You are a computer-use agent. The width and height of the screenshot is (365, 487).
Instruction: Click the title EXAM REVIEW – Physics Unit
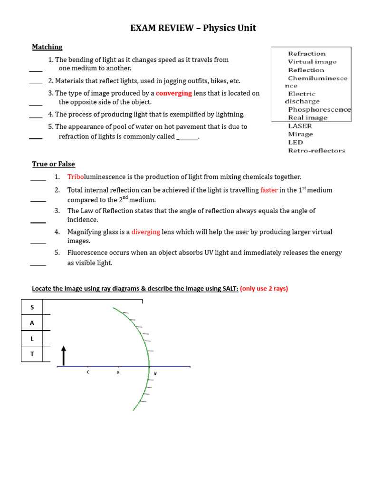(x=193, y=28)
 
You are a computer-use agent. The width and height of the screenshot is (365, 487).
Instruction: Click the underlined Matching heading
(x=47, y=47)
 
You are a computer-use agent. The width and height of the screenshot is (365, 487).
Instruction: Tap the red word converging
(x=174, y=93)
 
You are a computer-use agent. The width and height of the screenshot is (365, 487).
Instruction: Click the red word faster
(x=269, y=190)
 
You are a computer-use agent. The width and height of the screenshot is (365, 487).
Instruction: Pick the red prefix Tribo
(x=75, y=177)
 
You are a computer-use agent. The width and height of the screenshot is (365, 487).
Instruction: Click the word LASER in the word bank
(x=300, y=126)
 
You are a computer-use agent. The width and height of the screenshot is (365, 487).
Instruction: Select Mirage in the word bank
(x=300, y=134)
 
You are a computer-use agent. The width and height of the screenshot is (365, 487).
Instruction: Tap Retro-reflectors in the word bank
(x=317, y=150)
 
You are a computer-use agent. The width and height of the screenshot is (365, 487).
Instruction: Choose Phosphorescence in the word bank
(x=319, y=109)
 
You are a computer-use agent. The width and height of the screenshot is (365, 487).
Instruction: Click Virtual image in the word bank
(x=312, y=62)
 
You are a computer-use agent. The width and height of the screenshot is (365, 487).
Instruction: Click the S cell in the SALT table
(x=32, y=307)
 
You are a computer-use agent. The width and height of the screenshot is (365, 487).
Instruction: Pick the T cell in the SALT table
(x=32, y=354)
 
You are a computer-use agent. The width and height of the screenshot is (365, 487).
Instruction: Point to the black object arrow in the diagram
(x=64, y=356)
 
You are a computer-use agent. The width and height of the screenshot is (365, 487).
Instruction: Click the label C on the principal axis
(x=88, y=372)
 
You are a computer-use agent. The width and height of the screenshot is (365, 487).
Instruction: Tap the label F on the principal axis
(x=118, y=372)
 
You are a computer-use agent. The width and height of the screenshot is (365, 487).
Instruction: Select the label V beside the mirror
(x=155, y=373)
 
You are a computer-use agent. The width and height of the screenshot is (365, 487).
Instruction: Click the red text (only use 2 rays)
(x=264, y=289)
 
